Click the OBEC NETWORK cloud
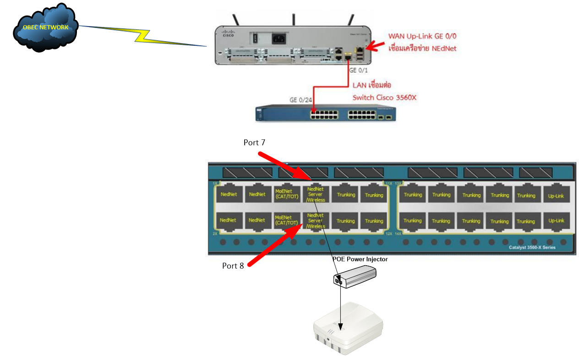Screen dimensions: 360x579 point(45,28)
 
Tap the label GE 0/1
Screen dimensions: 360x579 point(359,71)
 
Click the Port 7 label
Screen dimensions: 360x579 point(254,143)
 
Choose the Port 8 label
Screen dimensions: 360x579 point(233,266)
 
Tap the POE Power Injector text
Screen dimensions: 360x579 point(360,259)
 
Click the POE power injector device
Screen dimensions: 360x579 point(355,277)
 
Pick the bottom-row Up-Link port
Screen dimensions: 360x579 point(556,221)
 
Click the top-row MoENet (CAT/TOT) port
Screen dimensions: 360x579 point(286,194)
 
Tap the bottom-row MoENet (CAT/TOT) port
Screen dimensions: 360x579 point(286,221)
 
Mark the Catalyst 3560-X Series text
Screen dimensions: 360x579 point(532,247)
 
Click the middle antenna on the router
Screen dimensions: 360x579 point(293,19)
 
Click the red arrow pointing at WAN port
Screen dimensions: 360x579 point(377,45)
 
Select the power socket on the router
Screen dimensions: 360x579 point(280,39)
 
